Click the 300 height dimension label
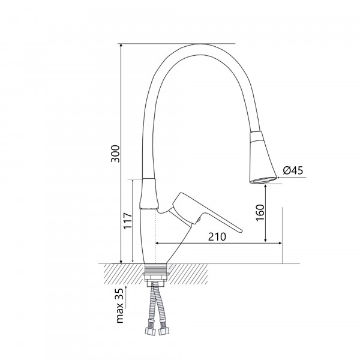(115, 154)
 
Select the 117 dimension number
(128, 221)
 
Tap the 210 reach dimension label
(217, 237)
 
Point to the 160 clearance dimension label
(260, 212)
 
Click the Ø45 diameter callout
(293, 170)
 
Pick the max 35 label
(120, 305)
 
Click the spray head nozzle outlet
(263, 181)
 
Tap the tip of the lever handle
(241, 231)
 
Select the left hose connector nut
(149, 331)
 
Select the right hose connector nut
(164, 331)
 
